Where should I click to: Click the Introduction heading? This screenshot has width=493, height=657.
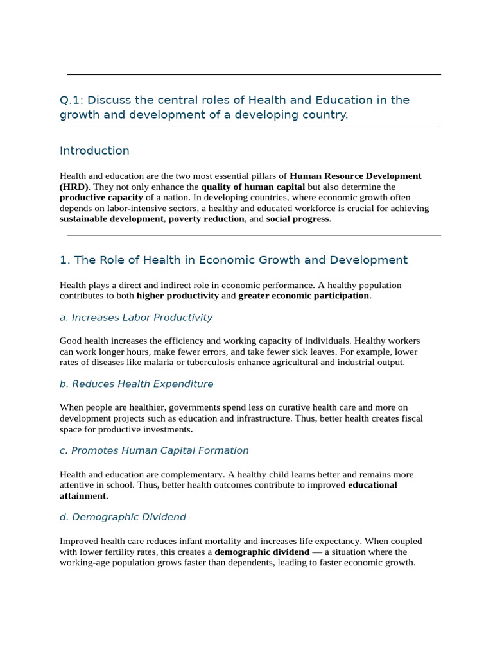pyautogui.click(x=94, y=151)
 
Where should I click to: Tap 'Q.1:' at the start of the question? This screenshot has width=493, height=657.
pyautogui.click(x=72, y=100)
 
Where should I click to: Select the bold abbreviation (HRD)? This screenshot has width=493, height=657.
pyautogui.click(x=74, y=187)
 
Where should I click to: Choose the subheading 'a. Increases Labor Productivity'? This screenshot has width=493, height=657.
pyautogui.click(x=136, y=318)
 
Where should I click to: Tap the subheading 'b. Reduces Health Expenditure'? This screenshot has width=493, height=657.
pyautogui.click(x=136, y=384)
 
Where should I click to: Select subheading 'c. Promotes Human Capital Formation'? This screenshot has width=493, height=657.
pyautogui.click(x=154, y=451)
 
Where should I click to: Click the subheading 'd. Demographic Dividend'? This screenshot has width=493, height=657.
pyautogui.click(x=123, y=518)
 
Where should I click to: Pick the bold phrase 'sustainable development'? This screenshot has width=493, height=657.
pyautogui.click(x=112, y=219)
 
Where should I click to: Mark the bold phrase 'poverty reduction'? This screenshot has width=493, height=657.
pyautogui.click(x=206, y=219)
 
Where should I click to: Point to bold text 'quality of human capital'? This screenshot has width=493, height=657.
pyautogui.click(x=253, y=187)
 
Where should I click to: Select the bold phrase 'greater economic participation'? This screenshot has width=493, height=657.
pyautogui.click(x=304, y=296)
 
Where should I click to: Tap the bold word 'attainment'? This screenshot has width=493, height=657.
pyautogui.click(x=83, y=496)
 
